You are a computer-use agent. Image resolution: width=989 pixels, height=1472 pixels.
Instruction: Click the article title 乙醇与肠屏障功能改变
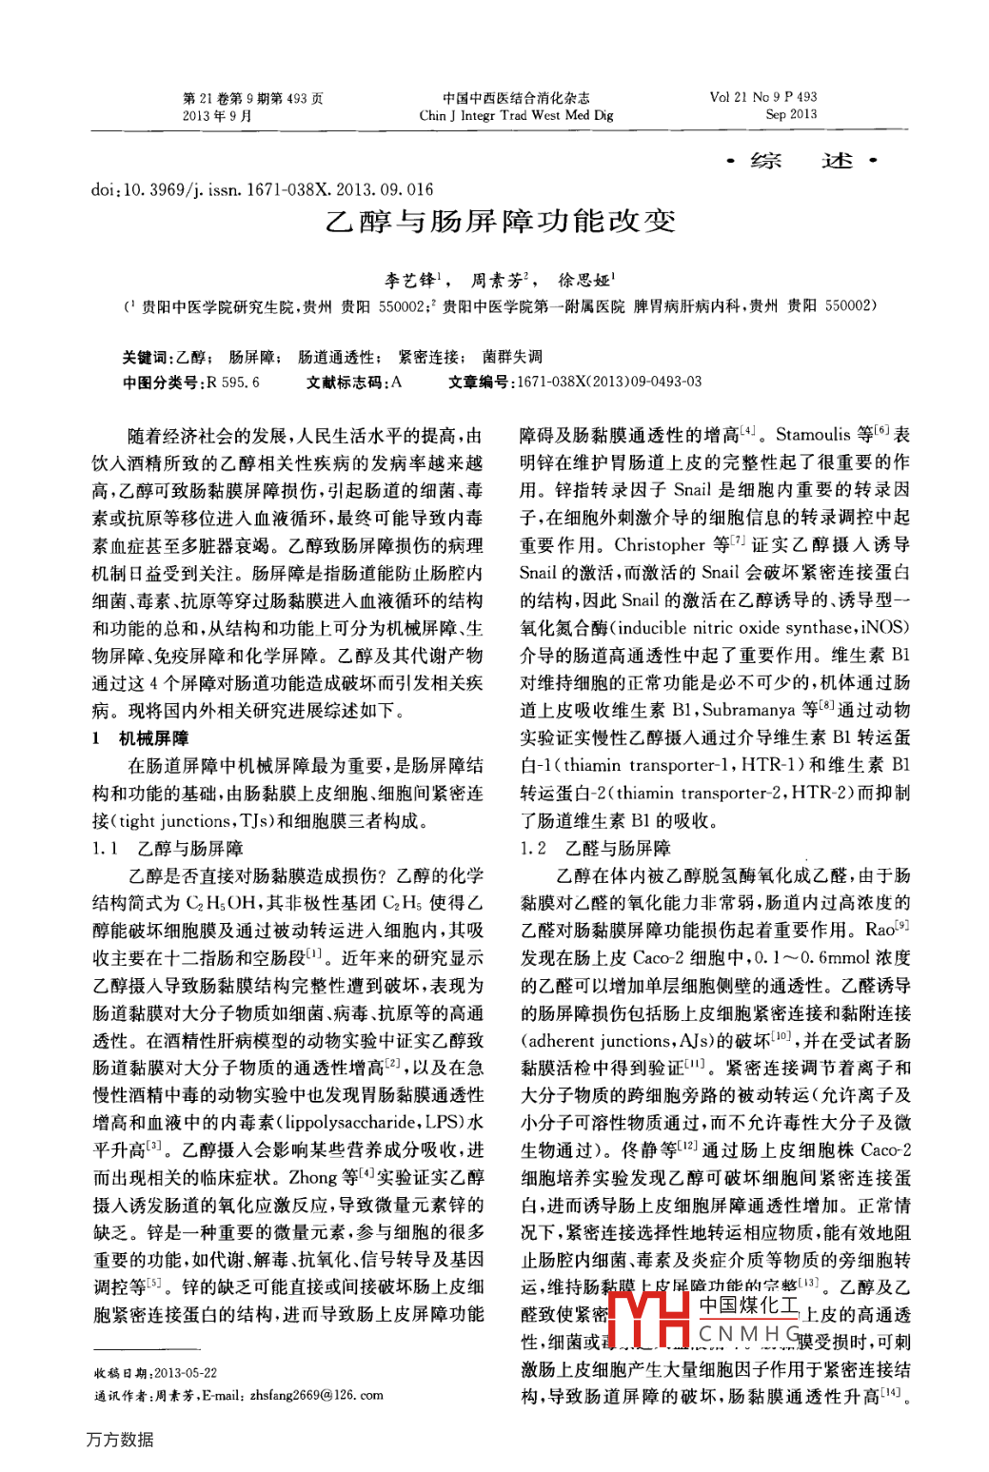[x=500, y=222]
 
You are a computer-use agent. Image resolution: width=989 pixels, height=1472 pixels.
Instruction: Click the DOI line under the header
[x=262, y=189]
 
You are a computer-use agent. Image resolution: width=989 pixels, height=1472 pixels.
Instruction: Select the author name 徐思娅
[x=584, y=280]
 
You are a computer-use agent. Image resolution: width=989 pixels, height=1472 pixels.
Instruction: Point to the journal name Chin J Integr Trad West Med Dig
[x=516, y=115]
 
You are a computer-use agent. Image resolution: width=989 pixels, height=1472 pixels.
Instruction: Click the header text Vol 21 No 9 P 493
[x=762, y=97]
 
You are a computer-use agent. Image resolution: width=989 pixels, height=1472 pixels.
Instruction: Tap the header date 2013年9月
[x=217, y=115]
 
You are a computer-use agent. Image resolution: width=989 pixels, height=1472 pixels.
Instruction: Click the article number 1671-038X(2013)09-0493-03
[x=608, y=382]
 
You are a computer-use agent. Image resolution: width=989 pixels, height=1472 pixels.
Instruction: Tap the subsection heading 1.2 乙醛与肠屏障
[x=595, y=848]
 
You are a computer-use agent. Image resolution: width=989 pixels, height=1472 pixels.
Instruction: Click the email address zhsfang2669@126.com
[x=317, y=1395]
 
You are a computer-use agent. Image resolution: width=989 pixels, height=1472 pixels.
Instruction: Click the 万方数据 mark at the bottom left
[x=120, y=1439]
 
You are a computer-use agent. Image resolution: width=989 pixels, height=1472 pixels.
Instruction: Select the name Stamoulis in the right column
[x=813, y=435]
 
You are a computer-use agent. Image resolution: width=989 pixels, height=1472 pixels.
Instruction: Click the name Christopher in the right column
[x=660, y=545]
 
